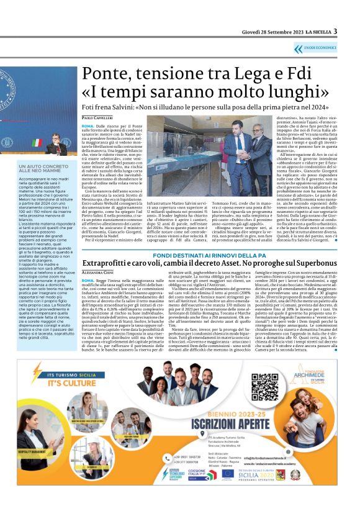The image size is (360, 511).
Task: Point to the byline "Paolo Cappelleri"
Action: coord(96,118)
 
